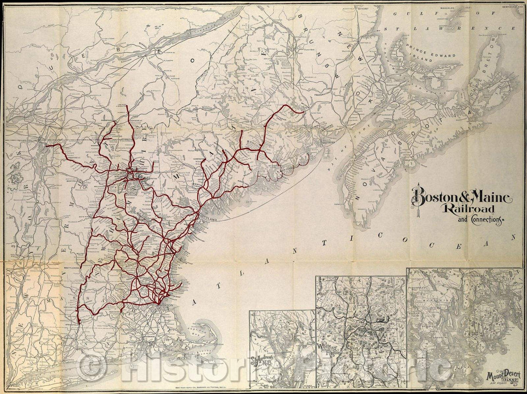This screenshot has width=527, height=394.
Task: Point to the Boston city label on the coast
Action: click(x=166, y=306)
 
